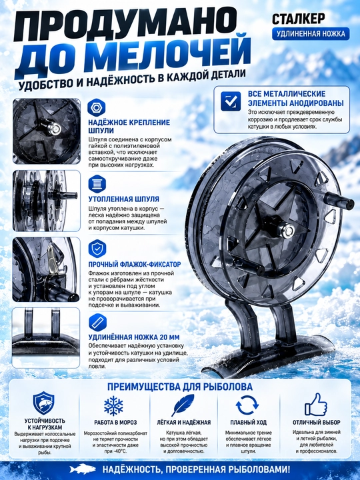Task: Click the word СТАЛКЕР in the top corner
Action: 299,19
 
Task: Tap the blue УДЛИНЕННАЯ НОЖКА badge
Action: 311,33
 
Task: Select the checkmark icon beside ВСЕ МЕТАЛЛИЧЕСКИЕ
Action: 231,101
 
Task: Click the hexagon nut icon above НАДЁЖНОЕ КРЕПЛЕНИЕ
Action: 97,107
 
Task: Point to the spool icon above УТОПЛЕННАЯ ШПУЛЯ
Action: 97,184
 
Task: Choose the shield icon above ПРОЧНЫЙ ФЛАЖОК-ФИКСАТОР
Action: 97,249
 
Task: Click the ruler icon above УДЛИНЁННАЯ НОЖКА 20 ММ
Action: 97,323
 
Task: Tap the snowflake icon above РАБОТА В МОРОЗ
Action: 113,405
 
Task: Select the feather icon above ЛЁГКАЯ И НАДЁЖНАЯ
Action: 183,405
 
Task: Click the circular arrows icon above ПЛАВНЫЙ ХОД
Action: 247,405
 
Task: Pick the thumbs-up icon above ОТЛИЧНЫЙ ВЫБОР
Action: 316,405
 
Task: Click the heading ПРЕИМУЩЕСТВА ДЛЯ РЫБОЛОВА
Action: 180,387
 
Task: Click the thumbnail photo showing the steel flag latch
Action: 46,270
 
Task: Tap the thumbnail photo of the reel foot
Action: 46,337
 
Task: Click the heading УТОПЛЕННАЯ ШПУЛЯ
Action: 124,199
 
